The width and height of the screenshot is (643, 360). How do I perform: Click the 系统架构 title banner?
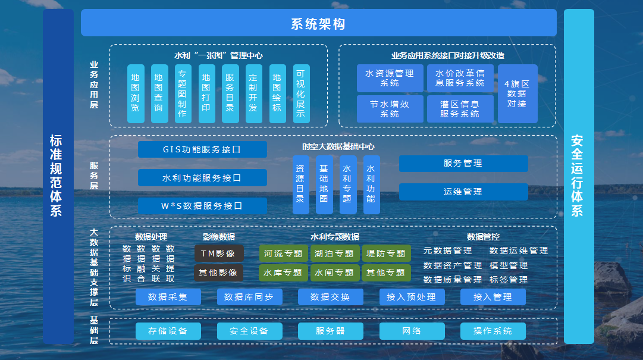point(318,23)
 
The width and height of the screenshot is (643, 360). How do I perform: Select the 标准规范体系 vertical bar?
point(58,176)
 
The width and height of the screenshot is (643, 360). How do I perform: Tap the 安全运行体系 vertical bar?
point(578,176)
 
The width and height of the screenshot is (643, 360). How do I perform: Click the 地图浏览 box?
point(136,93)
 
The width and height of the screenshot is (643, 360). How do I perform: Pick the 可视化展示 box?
point(302,93)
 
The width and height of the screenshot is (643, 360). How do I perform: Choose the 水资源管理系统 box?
point(390,79)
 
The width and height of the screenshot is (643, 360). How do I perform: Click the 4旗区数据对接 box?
point(517,93)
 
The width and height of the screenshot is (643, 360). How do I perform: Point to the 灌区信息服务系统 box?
point(460,109)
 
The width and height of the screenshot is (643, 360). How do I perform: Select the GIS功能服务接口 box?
point(202,149)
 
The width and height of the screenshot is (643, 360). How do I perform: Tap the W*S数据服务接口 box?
point(202,206)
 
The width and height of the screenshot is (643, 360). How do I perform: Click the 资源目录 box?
point(300,184)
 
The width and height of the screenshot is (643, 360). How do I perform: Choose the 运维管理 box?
point(463,192)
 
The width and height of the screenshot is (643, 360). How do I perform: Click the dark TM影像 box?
point(218,253)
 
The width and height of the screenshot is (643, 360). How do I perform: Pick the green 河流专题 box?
point(283,253)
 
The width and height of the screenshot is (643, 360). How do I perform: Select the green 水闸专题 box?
point(335,273)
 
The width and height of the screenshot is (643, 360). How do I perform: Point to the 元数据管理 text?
point(448,251)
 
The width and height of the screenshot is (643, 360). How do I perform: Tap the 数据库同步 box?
point(249,297)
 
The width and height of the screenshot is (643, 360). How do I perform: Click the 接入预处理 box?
point(412,297)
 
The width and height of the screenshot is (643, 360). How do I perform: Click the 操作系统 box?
point(493,331)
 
